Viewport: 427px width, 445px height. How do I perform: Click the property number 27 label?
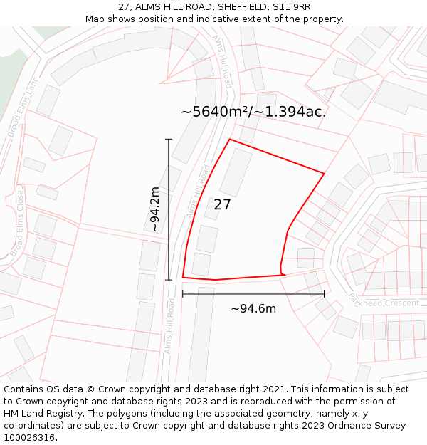click(x=222, y=205)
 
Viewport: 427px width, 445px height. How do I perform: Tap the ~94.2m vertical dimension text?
click(x=154, y=209)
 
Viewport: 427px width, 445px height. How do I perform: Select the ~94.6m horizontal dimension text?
click(x=253, y=308)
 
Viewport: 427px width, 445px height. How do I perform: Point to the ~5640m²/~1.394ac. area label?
click(x=253, y=112)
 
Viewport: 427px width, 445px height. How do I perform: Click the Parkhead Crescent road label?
click(x=384, y=302)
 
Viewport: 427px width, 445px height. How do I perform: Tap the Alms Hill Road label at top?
click(x=222, y=61)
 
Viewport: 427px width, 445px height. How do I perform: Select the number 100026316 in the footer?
click(x=30, y=438)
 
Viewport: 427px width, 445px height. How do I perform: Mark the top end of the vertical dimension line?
click(x=169, y=139)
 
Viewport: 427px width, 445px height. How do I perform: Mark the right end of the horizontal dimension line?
click(x=324, y=293)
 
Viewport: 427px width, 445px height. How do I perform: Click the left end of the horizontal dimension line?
click(x=183, y=293)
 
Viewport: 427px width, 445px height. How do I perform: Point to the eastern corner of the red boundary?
click(x=324, y=173)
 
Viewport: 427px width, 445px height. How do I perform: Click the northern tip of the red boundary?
click(x=229, y=140)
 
